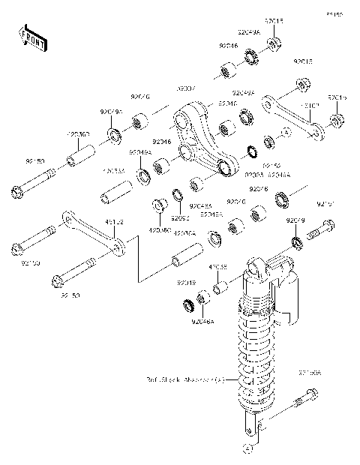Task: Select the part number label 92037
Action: tap(186, 90)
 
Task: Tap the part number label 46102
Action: tap(115, 222)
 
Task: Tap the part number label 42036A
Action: tap(185, 234)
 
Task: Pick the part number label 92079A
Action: tap(111, 112)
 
